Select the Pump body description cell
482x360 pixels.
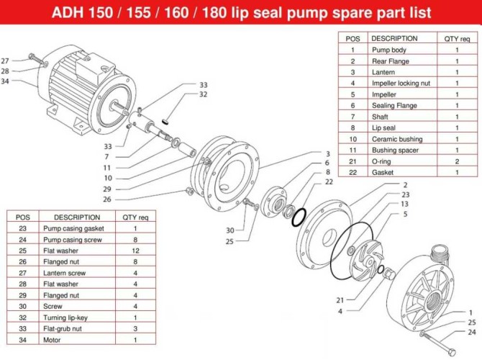point(388,50)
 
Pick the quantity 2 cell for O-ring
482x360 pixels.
point(456,161)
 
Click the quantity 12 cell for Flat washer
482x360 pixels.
point(135,251)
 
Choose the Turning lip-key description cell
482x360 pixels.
point(71,318)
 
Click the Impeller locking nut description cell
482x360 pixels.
point(400,83)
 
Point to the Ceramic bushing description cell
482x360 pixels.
point(396,139)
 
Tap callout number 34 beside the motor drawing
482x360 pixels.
point(5,81)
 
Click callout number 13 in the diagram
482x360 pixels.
point(406,204)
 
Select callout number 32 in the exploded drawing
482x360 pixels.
point(204,94)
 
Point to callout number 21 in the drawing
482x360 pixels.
point(340,300)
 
